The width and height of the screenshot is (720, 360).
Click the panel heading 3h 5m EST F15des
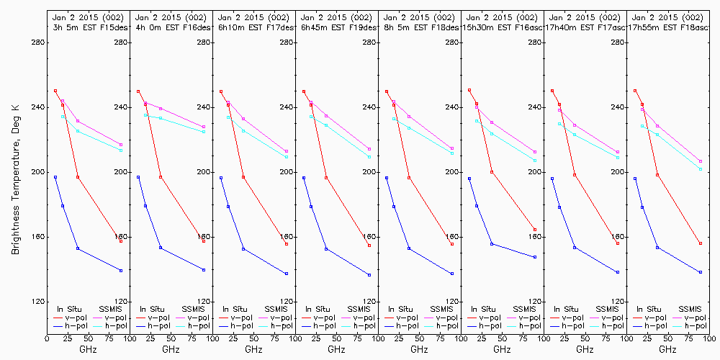pyautogui.click(x=89, y=27)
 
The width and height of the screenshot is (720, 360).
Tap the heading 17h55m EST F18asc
pyautogui.click(x=668, y=27)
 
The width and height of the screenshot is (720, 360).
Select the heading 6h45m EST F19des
pyautogui.click(x=337, y=27)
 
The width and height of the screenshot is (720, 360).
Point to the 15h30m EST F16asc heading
pyautogui.click(x=503, y=27)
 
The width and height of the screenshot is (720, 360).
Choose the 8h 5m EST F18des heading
pyautogui.click(x=420, y=27)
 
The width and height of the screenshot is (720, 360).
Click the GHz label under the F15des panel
pyautogui.click(x=88, y=349)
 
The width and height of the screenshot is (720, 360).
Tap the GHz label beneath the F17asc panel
pyautogui.click(x=585, y=349)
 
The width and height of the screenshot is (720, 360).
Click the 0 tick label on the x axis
pyautogui.click(x=47, y=336)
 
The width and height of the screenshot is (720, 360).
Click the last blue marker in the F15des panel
pyautogui.click(x=121, y=270)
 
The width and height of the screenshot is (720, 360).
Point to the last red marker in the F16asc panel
pyautogui.click(x=535, y=230)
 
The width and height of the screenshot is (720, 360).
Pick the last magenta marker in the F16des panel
pyautogui.click(x=204, y=127)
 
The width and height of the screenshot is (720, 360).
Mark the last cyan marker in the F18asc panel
pyautogui.click(x=701, y=168)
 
